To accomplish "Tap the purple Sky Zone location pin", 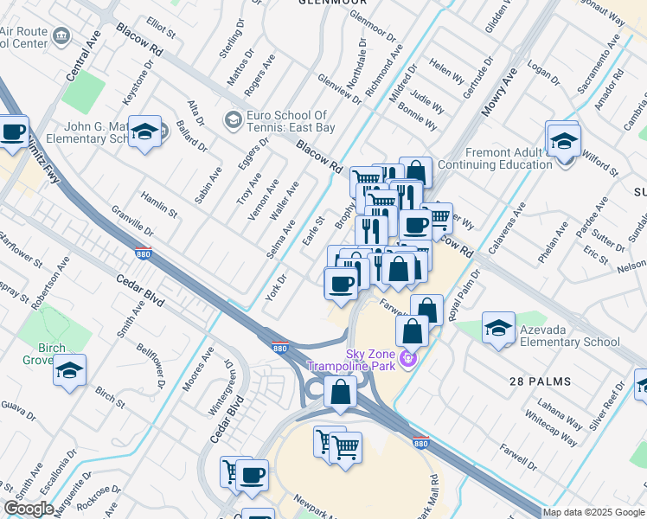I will (x=408, y=356).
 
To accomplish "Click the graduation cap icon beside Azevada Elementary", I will (x=498, y=328).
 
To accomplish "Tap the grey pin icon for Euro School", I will (x=233, y=119).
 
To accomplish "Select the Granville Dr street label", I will (x=131, y=222).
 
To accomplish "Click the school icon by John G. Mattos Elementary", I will (x=145, y=132).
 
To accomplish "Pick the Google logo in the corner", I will (x=29, y=509).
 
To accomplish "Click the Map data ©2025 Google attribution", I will (x=593, y=512).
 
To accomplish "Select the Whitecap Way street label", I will (x=551, y=426).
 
